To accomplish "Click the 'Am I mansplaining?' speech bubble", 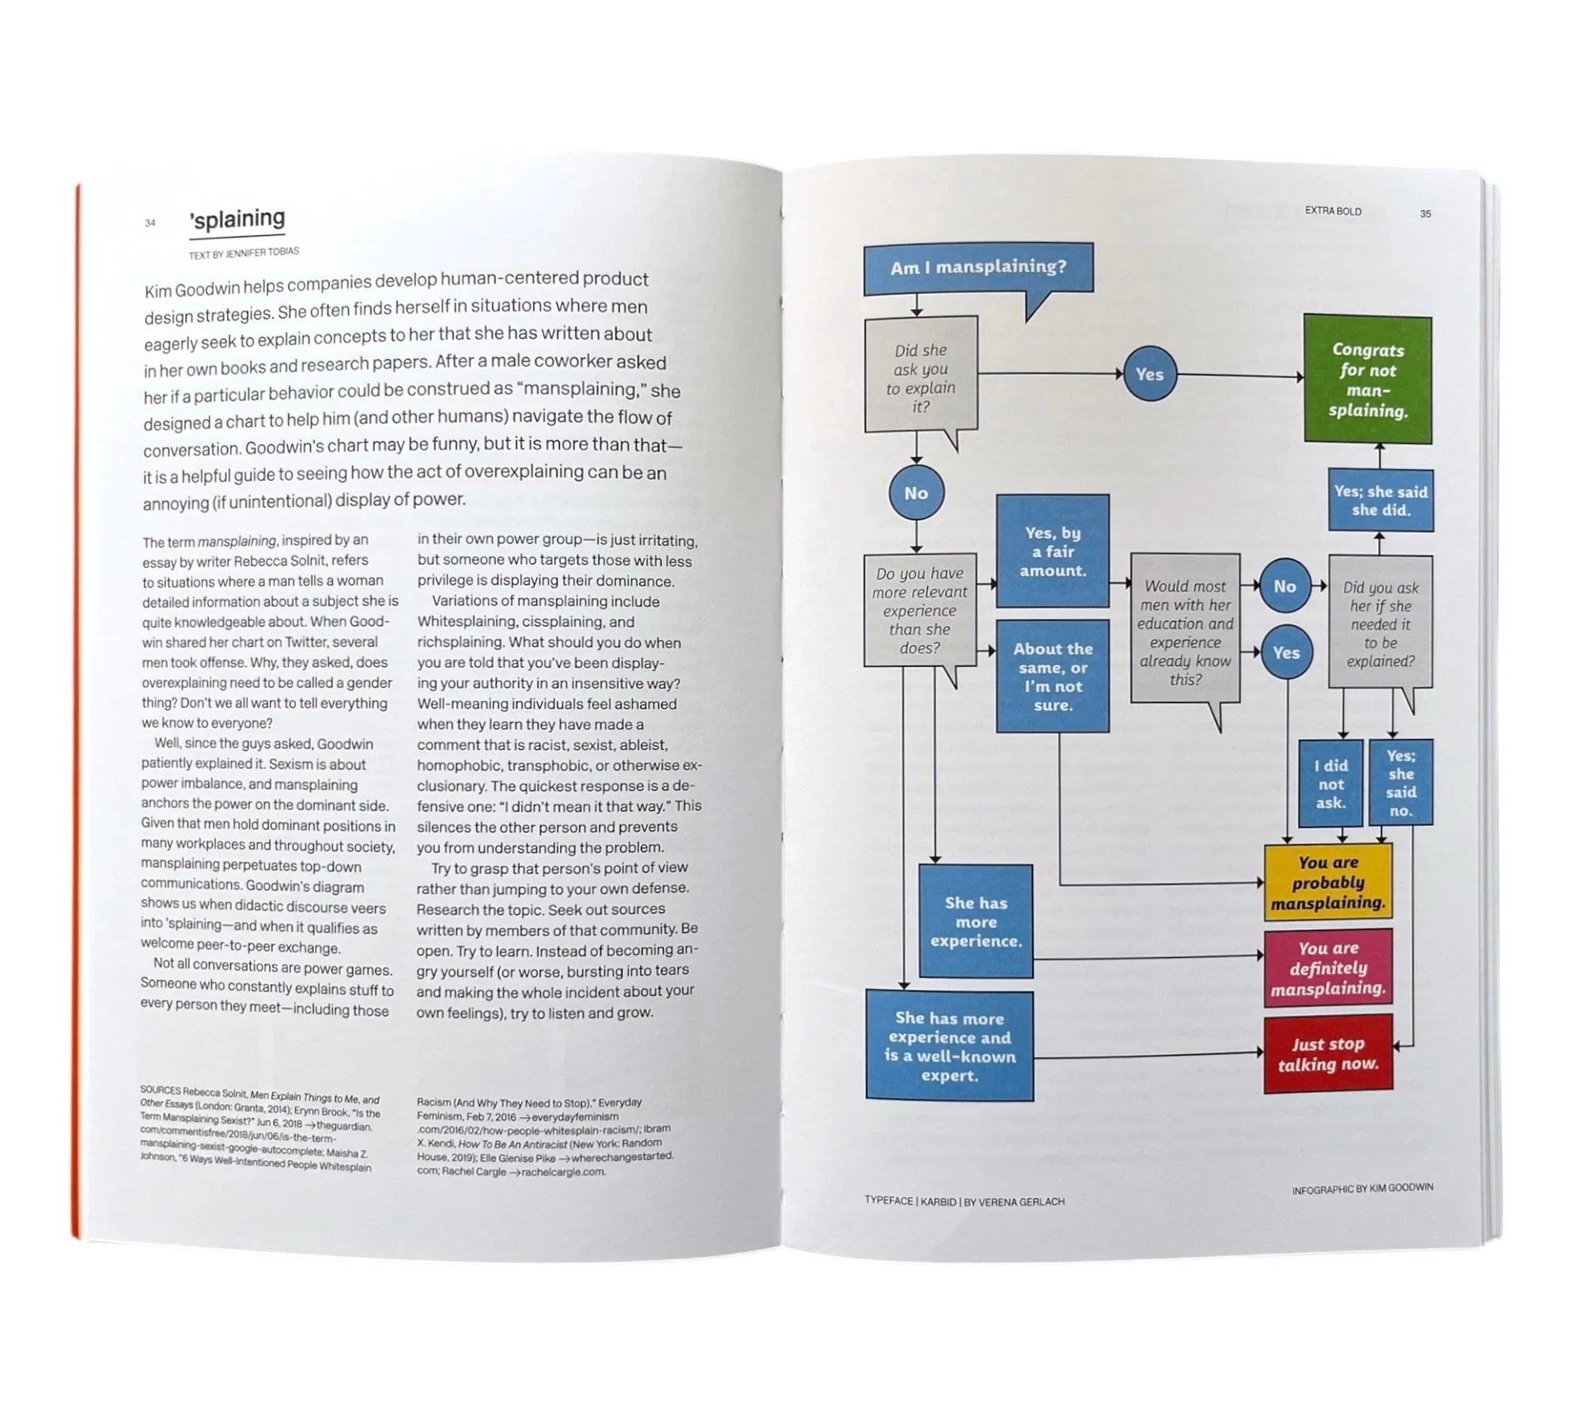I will coord(978,268).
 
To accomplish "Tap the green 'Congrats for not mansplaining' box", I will coord(1368,380).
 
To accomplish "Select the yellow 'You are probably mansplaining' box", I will coord(1328,882).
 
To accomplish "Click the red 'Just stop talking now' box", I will coord(1328,1054).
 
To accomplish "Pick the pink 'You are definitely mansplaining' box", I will coord(1328,968).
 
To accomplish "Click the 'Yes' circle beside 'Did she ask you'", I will coord(1149,374).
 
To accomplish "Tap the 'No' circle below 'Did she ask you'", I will coord(916,493).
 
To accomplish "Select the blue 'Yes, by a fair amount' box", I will coord(1053,551).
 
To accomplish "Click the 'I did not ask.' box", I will coord(1331,784).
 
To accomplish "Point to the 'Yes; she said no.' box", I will coord(1400,782).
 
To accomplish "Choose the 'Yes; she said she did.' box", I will coord(1381,501).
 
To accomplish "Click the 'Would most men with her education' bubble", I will coord(1185,631).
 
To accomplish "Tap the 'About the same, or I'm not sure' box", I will coord(1053,676).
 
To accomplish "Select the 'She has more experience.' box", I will coord(976,922).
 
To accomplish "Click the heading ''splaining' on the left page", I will coord(237,219).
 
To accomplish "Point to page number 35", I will coord(1425,214).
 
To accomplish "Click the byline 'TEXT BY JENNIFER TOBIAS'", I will coord(244,253).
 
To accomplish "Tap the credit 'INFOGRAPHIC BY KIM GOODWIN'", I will coord(1362,1188).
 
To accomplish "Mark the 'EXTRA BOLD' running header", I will coord(1333,211).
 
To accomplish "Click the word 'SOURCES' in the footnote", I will coord(161,1090).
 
